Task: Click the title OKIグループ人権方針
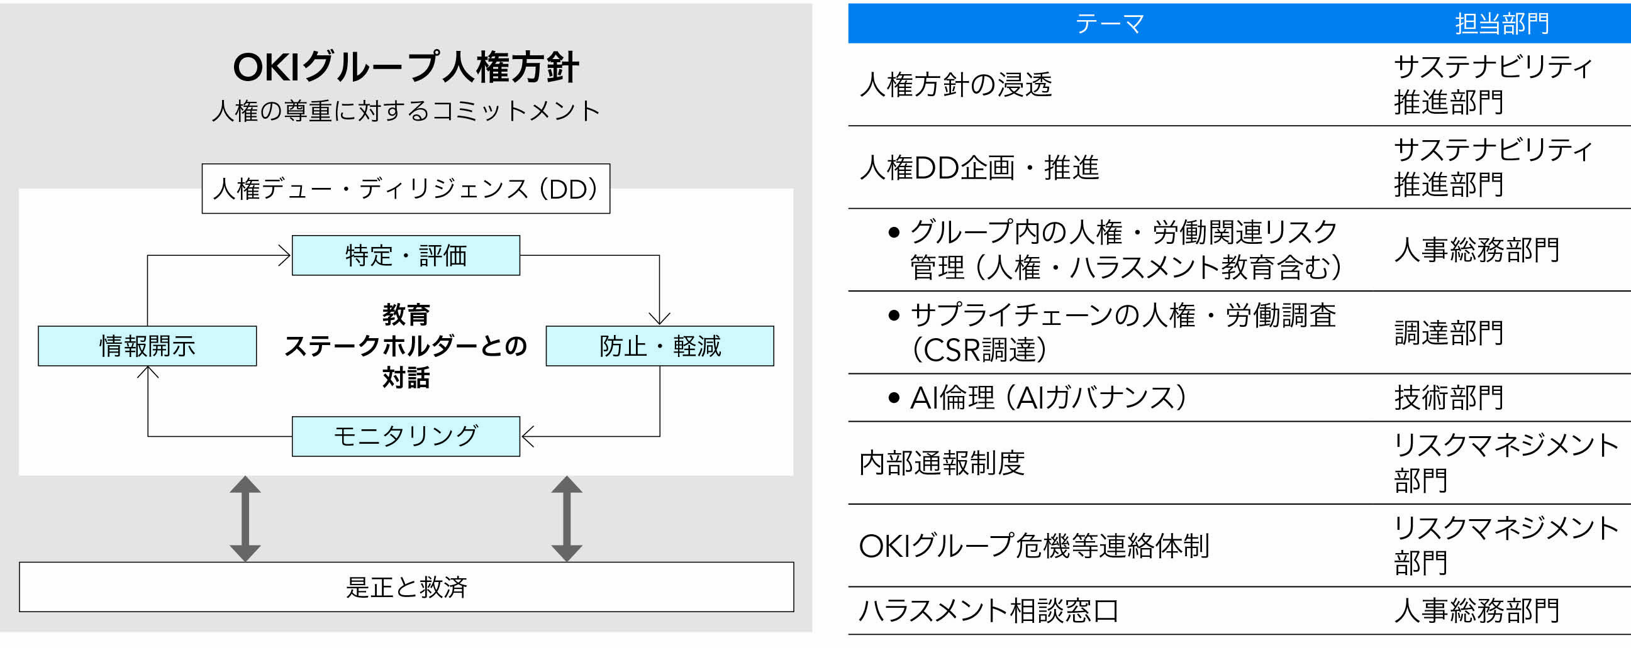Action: tap(406, 67)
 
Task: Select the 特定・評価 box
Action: tap(406, 256)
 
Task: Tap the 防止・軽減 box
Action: tap(660, 346)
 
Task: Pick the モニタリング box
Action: tap(406, 437)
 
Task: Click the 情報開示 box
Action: tap(147, 346)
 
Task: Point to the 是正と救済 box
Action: tap(406, 587)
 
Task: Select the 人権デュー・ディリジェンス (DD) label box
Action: tap(406, 189)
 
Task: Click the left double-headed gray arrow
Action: tap(245, 519)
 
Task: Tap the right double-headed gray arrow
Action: tap(567, 519)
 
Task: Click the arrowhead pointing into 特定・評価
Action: tap(284, 256)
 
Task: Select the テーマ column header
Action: tap(1110, 24)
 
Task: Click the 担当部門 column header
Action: tap(1502, 24)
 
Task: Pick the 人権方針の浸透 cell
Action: tap(955, 85)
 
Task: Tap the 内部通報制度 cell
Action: tap(942, 463)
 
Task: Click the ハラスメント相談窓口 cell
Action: tap(988, 612)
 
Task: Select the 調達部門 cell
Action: tap(1449, 333)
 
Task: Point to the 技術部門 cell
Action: tap(1449, 398)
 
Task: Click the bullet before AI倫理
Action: tap(894, 398)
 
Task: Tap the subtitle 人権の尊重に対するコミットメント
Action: tap(406, 111)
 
